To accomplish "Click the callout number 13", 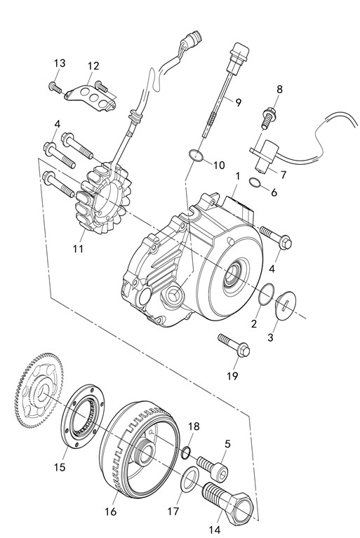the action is [60, 63].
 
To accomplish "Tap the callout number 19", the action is [232, 376].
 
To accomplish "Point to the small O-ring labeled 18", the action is [185, 452].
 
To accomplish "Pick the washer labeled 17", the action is [189, 479].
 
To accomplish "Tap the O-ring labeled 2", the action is [266, 294].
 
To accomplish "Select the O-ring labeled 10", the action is [196, 156].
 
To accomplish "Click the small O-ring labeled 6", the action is [254, 182].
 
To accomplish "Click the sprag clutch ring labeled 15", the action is [84, 415].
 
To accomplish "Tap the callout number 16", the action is [110, 511].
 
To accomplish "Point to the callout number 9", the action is [238, 102].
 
